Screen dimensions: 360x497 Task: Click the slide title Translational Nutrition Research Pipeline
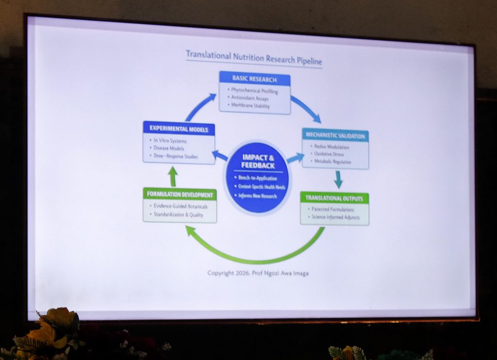[254, 58]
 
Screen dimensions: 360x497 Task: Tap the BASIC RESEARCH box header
[254, 79]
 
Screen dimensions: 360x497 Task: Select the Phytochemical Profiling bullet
[255, 91]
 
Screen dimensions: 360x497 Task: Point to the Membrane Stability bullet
[250, 105]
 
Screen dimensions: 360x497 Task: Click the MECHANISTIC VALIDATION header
[335, 135]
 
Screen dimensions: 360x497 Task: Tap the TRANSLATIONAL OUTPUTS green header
[334, 198]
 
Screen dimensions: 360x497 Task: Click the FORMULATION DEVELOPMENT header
[180, 195]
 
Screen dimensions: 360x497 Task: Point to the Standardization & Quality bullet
[178, 214]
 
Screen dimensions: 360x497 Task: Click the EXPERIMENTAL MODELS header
[179, 129]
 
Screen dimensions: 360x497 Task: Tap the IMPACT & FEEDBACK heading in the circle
[258, 162]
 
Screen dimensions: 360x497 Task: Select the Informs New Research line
[257, 196]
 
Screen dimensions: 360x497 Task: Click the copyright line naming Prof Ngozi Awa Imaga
[258, 273]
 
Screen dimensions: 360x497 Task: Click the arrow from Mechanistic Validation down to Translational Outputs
[338, 179]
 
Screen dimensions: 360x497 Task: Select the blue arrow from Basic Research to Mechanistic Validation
[306, 109]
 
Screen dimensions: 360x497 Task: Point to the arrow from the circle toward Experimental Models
[220, 156]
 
